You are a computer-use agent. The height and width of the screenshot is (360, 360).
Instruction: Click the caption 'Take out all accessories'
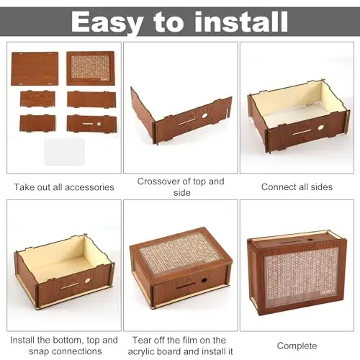64,187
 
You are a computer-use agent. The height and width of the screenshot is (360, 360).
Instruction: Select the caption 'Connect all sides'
297,186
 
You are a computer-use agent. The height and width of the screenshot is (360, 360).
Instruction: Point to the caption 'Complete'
297,346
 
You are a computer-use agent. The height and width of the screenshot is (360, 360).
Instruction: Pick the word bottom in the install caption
68,341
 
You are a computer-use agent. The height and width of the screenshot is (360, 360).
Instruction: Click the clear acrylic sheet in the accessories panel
64,152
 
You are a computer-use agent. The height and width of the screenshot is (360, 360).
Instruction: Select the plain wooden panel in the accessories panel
35,68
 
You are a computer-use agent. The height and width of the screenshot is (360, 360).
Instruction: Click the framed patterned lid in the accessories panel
90,68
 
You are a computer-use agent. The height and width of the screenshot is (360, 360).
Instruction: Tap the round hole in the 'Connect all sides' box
320,127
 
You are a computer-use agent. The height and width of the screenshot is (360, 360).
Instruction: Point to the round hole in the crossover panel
204,116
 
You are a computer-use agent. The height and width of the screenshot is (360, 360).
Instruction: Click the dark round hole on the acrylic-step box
204,280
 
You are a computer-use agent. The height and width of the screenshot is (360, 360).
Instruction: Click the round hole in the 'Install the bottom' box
88,280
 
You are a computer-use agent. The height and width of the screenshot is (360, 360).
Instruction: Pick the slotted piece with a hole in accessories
92,124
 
